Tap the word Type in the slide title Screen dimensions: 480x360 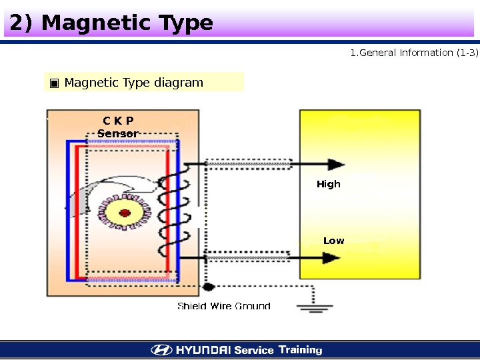click(x=184, y=25)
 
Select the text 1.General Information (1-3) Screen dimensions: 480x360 click(x=414, y=53)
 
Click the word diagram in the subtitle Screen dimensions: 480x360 click(x=178, y=83)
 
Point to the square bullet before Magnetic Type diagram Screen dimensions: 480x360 click(x=54, y=83)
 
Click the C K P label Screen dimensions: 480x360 click(x=118, y=121)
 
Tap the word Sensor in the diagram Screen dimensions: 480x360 click(x=118, y=133)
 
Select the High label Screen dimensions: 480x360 click(x=328, y=184)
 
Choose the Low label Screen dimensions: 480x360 click(x=333, y=241)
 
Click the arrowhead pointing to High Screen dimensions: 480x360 click(x=337, y=164)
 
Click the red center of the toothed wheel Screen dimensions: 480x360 click(x=124, y=213)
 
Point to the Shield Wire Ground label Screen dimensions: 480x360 click(x=223, y=306)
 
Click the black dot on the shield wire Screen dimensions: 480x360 click(x=208, y=287)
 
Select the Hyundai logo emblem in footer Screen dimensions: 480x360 click(x=161, y=350)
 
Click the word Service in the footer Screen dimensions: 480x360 click(x=253, y=350)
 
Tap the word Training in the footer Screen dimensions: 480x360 click(x=300, y=350)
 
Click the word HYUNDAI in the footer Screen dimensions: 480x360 click(x=203, y=350)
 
